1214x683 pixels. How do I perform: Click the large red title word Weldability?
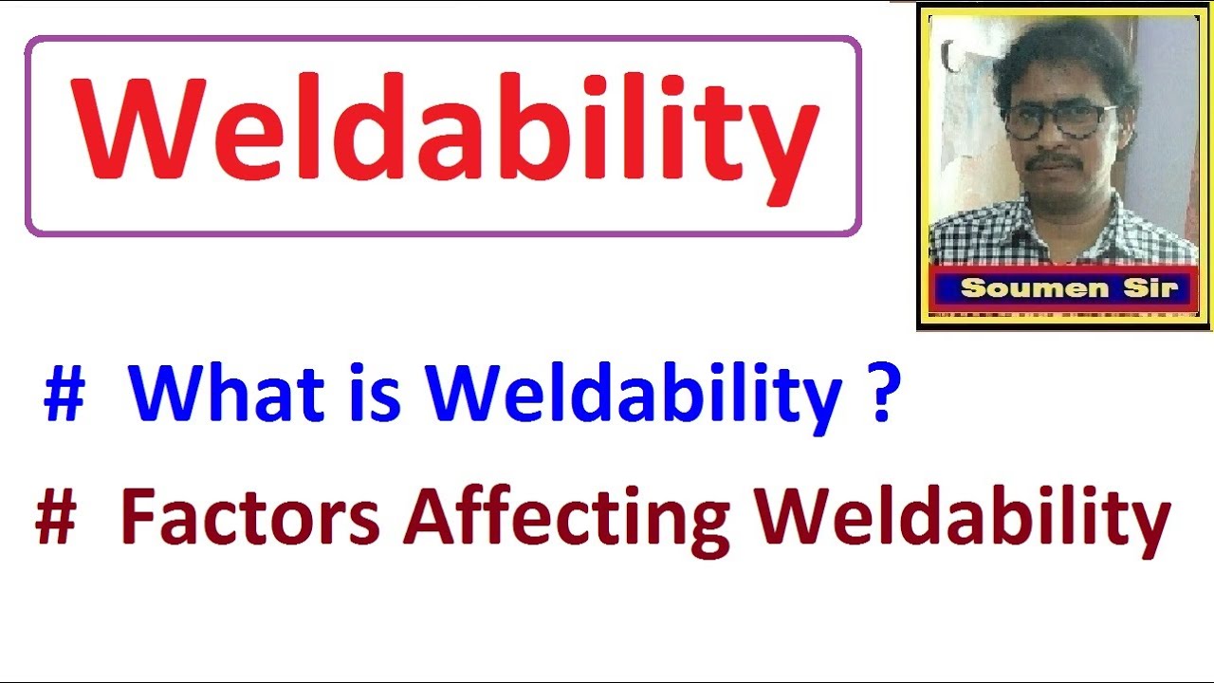click(443, 132)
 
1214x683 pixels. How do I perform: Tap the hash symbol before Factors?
click(55, 520)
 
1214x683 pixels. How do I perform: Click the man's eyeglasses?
click(1058, 120)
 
